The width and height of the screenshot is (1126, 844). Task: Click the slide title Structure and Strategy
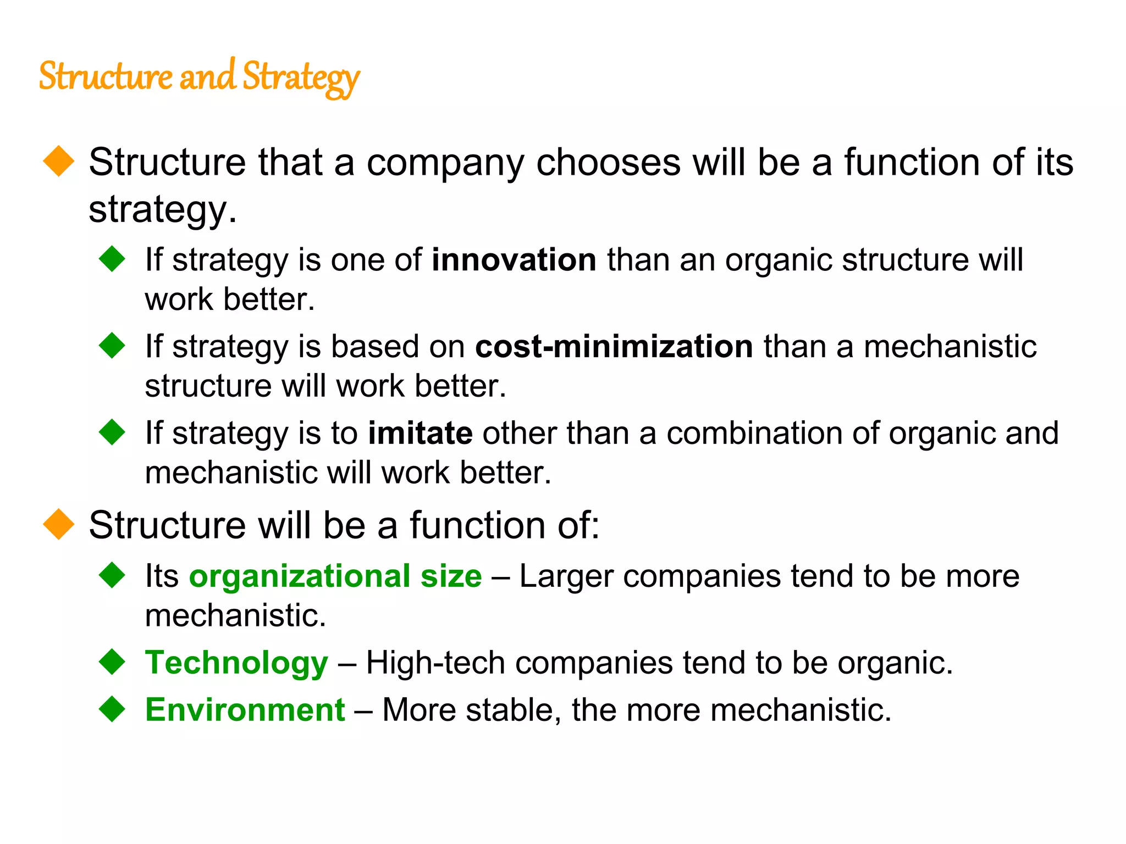(199, 77)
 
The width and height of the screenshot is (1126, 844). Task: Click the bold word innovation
(514, 259)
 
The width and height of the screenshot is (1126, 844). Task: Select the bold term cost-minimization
(614, 346)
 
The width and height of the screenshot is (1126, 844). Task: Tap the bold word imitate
(420, 433)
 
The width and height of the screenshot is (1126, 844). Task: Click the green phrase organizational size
(335, 576)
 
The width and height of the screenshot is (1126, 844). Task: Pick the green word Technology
(236, 662)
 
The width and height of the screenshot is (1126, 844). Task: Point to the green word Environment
(245, 709)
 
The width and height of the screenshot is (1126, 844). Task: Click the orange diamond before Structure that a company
(59, 162)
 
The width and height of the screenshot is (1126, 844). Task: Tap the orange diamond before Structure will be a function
(59, 524)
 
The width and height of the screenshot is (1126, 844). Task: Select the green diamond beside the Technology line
(113, 662)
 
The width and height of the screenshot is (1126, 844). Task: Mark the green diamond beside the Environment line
(113, 709)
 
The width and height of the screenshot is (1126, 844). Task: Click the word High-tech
(435, 662)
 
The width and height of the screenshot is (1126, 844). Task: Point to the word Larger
(566, 577)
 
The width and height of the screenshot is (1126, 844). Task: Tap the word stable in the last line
(514, 709)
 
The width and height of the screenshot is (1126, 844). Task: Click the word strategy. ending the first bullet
(163, 210)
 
